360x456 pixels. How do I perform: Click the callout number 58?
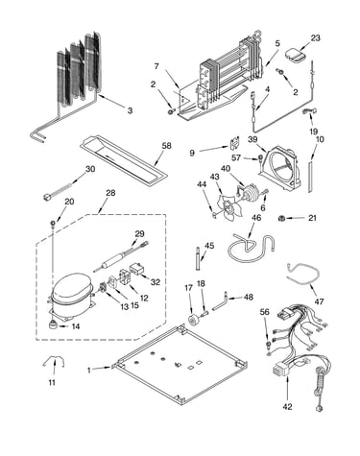tap(166, 146)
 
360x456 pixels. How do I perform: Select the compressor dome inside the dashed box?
tap(72, 289)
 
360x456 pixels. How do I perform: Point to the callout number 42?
tap(287, 406)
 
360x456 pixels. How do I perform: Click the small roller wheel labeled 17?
tap(194, 321)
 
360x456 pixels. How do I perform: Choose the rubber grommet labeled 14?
tap(53, 325)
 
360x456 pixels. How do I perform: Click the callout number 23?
tap(315, 37)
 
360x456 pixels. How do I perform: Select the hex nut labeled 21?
tap(281, 218)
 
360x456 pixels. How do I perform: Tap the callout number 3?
tap(130, 110)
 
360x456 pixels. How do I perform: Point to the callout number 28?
tap(110, 193)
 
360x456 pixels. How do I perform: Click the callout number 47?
tap(319, 301)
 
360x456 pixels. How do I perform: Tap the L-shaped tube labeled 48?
tap(220, 300)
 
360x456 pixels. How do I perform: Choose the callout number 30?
tap(90, 169)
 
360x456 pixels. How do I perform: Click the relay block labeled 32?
tap(136, 270)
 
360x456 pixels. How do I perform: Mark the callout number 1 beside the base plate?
tap(89, 370)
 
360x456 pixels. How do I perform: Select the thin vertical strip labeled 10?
tap(310, 177)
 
